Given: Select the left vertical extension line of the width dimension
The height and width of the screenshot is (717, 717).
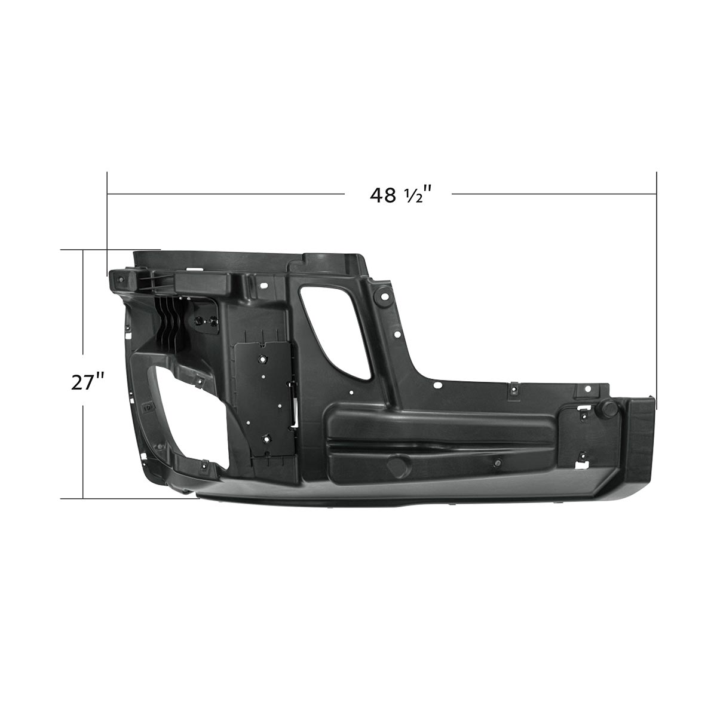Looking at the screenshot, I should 107,221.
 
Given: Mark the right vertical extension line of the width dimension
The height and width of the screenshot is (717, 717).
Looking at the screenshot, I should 657,287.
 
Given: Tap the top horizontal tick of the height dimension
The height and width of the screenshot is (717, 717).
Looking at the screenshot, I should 111,250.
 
